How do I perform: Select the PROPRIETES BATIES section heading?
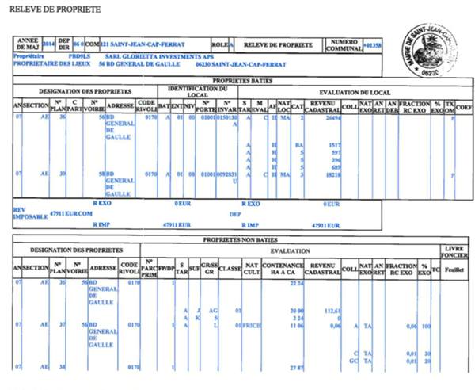pyautogui.click(x=237, y=81)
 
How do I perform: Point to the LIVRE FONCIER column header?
pyautogui.click(x=455, y=252)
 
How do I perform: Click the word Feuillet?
pyautogui.click(x=455, y=270)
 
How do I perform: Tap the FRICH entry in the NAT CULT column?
pyautogui.click(x=251, y=326)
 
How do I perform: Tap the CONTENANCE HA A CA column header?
pyautogui.click(x=282, y=269)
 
